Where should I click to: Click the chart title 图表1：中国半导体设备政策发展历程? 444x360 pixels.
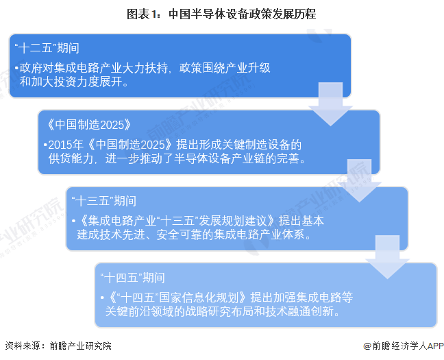click(221, 14)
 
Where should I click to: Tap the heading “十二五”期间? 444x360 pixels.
click(47, 48)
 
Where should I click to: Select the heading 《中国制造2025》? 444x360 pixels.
click(88, 124)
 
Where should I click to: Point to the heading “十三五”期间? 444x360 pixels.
click(104, 201)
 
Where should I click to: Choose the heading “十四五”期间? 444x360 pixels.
click(132, 278)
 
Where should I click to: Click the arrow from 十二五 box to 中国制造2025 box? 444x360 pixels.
click(330, 104)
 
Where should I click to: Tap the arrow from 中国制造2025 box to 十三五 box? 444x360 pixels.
click(359, 180)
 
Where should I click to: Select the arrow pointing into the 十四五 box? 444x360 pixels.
click(387, 257)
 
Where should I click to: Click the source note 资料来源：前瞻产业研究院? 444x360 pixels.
click(58, 346)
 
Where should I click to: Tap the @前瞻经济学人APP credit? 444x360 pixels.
click(404, 346)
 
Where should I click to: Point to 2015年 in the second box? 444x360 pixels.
click(66, 145)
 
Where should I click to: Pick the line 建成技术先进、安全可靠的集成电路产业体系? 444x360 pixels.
click(194, 235)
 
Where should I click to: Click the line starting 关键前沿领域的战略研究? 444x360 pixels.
click(222, 311)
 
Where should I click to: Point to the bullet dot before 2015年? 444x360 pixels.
click(45, 145)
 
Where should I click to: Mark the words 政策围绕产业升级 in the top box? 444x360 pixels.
click(225, 68)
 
